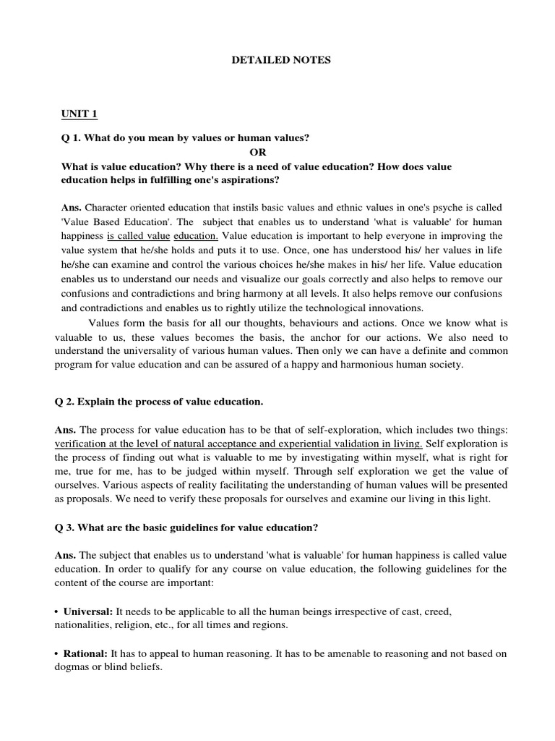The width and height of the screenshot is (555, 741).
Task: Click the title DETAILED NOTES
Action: pyautogui.click(x=281, y=61)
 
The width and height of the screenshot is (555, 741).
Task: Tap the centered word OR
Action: pyautogui.click(x=258, y=152)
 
